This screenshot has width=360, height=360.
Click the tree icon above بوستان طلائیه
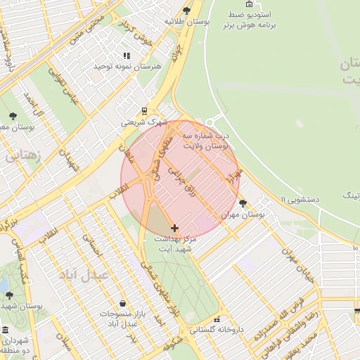coord(186,11)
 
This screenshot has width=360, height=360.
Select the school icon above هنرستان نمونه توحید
coord(127,56)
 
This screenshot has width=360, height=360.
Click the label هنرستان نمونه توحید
coord(127,66)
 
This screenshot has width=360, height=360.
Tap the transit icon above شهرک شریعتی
coord(144,110)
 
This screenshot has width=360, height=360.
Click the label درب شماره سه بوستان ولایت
coord(205,139)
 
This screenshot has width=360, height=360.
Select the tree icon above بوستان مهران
coord(243,203)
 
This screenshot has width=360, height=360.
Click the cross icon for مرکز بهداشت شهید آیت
coord(174,228)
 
